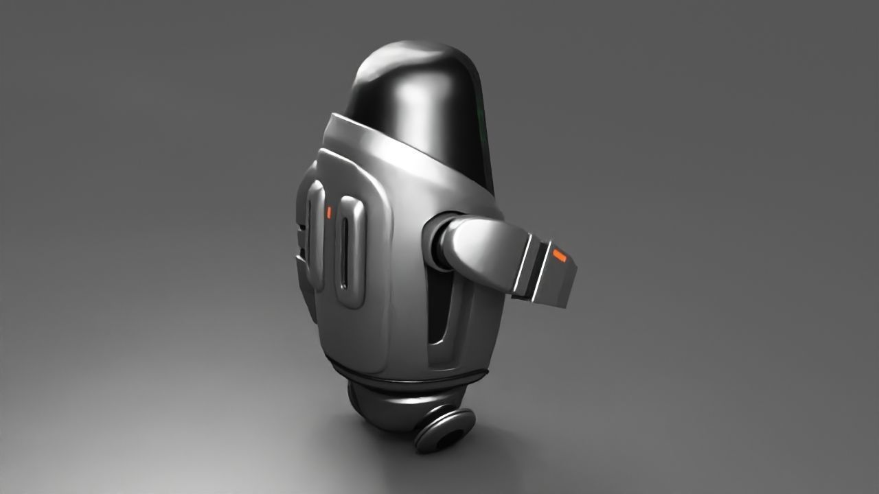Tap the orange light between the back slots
tap(329, 213)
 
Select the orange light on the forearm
tap(560, 256)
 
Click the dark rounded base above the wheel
tap(385, 405)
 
